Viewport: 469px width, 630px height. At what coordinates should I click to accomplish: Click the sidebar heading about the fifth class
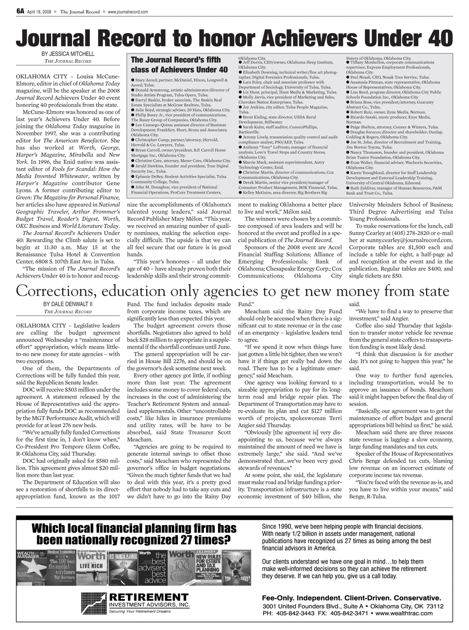(179, 64)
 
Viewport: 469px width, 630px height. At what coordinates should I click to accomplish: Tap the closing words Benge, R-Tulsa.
(366, 496)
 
